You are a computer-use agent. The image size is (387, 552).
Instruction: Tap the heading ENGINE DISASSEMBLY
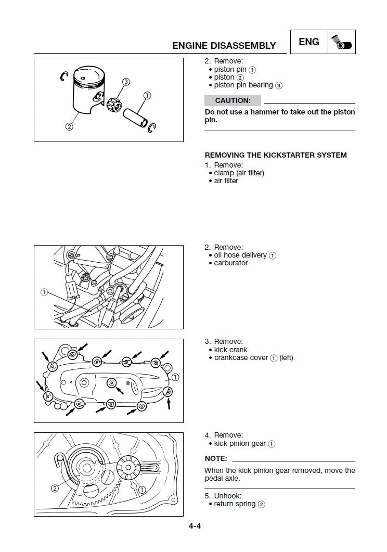coord(224,46)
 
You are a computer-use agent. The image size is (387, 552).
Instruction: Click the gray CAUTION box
coord(233,100)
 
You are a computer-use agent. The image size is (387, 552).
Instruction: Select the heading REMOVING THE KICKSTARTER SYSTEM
coord(276,155)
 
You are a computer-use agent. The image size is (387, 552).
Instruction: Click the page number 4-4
coord(195,526)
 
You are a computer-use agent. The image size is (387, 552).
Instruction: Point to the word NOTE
coord(216,459)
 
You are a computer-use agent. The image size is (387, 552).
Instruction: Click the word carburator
coord(231,263)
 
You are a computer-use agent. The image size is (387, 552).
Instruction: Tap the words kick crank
coord(231,350)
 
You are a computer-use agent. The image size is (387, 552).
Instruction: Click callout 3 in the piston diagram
coord(126,82)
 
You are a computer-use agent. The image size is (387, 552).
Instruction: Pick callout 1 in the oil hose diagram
coord(44,292)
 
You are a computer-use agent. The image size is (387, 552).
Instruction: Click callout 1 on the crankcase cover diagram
coord(175,377)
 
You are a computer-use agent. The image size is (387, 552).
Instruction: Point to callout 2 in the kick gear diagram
coord(54,489)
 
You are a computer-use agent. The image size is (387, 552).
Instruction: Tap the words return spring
coord(235,504)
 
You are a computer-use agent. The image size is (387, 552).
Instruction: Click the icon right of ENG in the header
coord(342,42)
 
